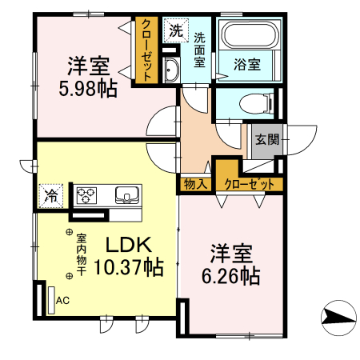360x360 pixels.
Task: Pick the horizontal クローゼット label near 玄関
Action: pyautogui.click(x=250, y=184)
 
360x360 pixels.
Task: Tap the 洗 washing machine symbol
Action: pyautogui.click(x=175, y=32)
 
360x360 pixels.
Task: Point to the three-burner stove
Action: pyautogui.click(x=87, y=194)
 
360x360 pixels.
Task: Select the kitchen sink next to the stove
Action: pyautogui.click(x=126, y=194)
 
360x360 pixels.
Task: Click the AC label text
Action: pyautogui.click(x=62, y=301)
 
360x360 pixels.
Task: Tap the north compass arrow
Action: pyautogui.click(x=339, y=318)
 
